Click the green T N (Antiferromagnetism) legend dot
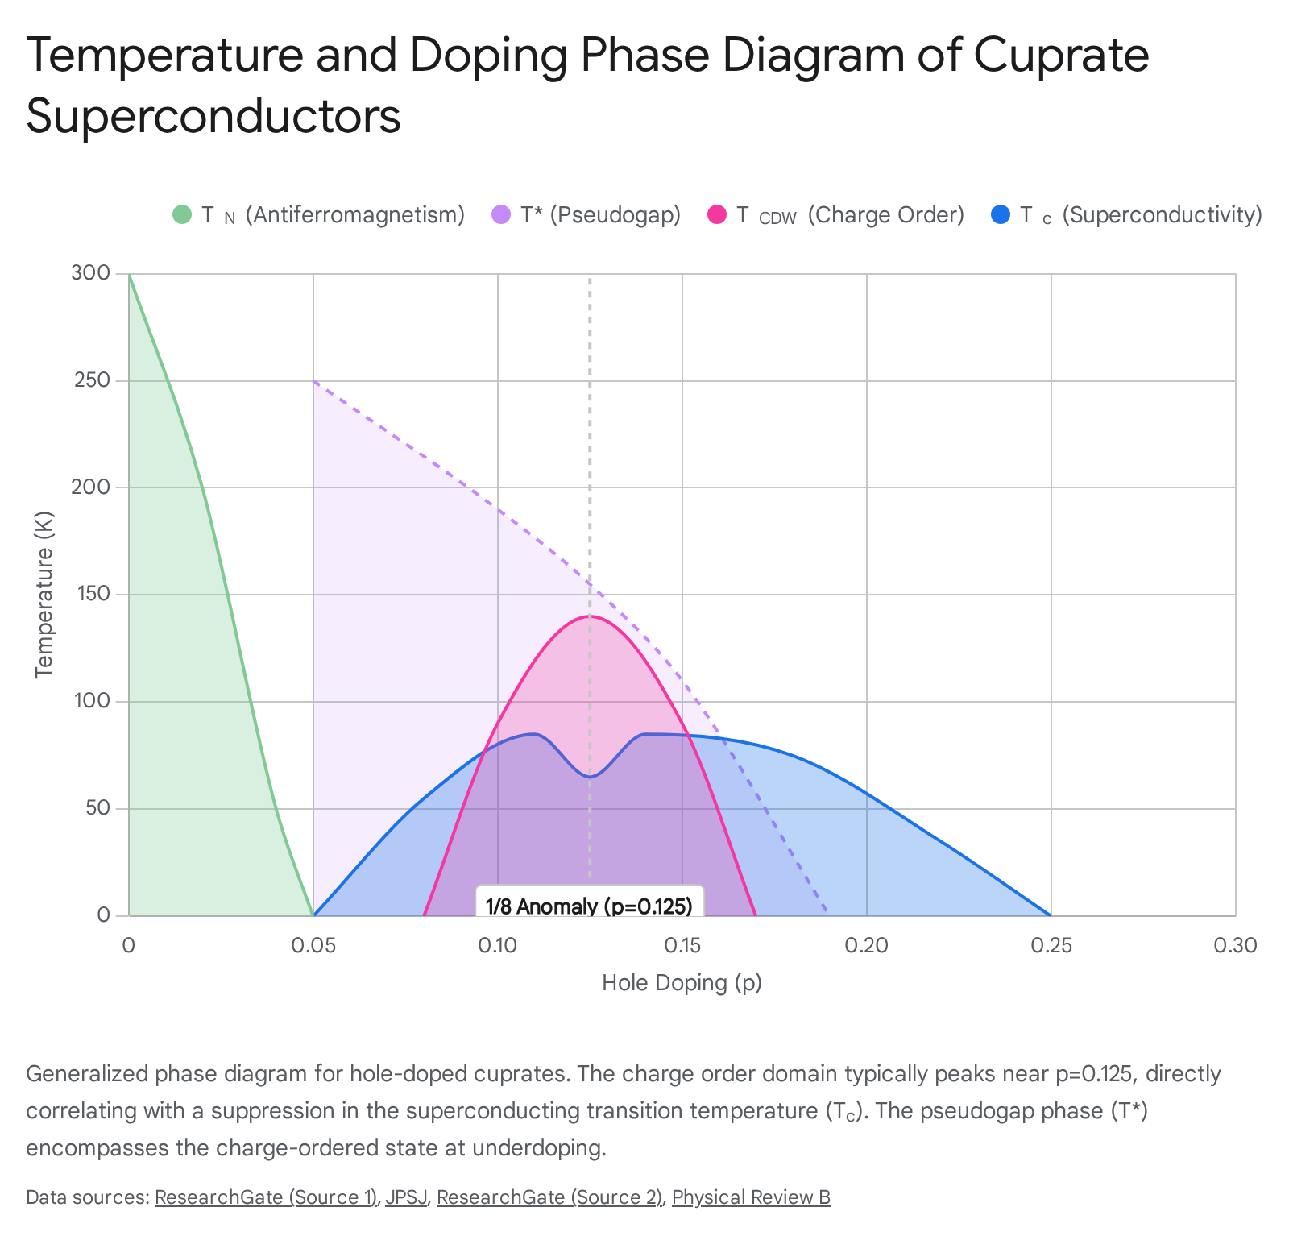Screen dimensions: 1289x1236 click(182, 215)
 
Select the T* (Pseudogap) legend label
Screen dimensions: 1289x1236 click(601, 215)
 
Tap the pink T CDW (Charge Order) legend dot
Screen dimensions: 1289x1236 click(717, 215)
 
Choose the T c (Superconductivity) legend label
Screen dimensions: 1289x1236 click(1141, 215)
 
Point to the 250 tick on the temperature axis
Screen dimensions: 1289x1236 click(93, 380)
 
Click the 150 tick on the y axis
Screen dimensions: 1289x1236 click(93, 594)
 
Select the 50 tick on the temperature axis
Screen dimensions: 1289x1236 click(97, 808)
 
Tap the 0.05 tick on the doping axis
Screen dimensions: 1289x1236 click(313, 945)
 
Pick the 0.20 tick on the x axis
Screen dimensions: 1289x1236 click(866, 945)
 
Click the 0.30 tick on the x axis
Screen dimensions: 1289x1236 click(1235, 945)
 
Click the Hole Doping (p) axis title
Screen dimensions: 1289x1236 click(682, 983)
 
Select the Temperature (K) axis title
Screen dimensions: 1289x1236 click(44, 595)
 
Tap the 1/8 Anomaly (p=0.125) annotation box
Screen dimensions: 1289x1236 click(590, 902)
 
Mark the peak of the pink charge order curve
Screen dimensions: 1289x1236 click(590, 616)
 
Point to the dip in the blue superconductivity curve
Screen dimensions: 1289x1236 click(590, 776)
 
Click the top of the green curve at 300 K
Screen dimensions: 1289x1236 click(129, 274)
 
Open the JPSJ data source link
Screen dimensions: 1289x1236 click(406, 1197)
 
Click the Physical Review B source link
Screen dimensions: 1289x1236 click(751, 1197)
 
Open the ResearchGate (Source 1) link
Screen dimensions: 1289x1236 click(266, 1197)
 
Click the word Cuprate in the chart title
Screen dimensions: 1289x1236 click(1061, 56)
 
